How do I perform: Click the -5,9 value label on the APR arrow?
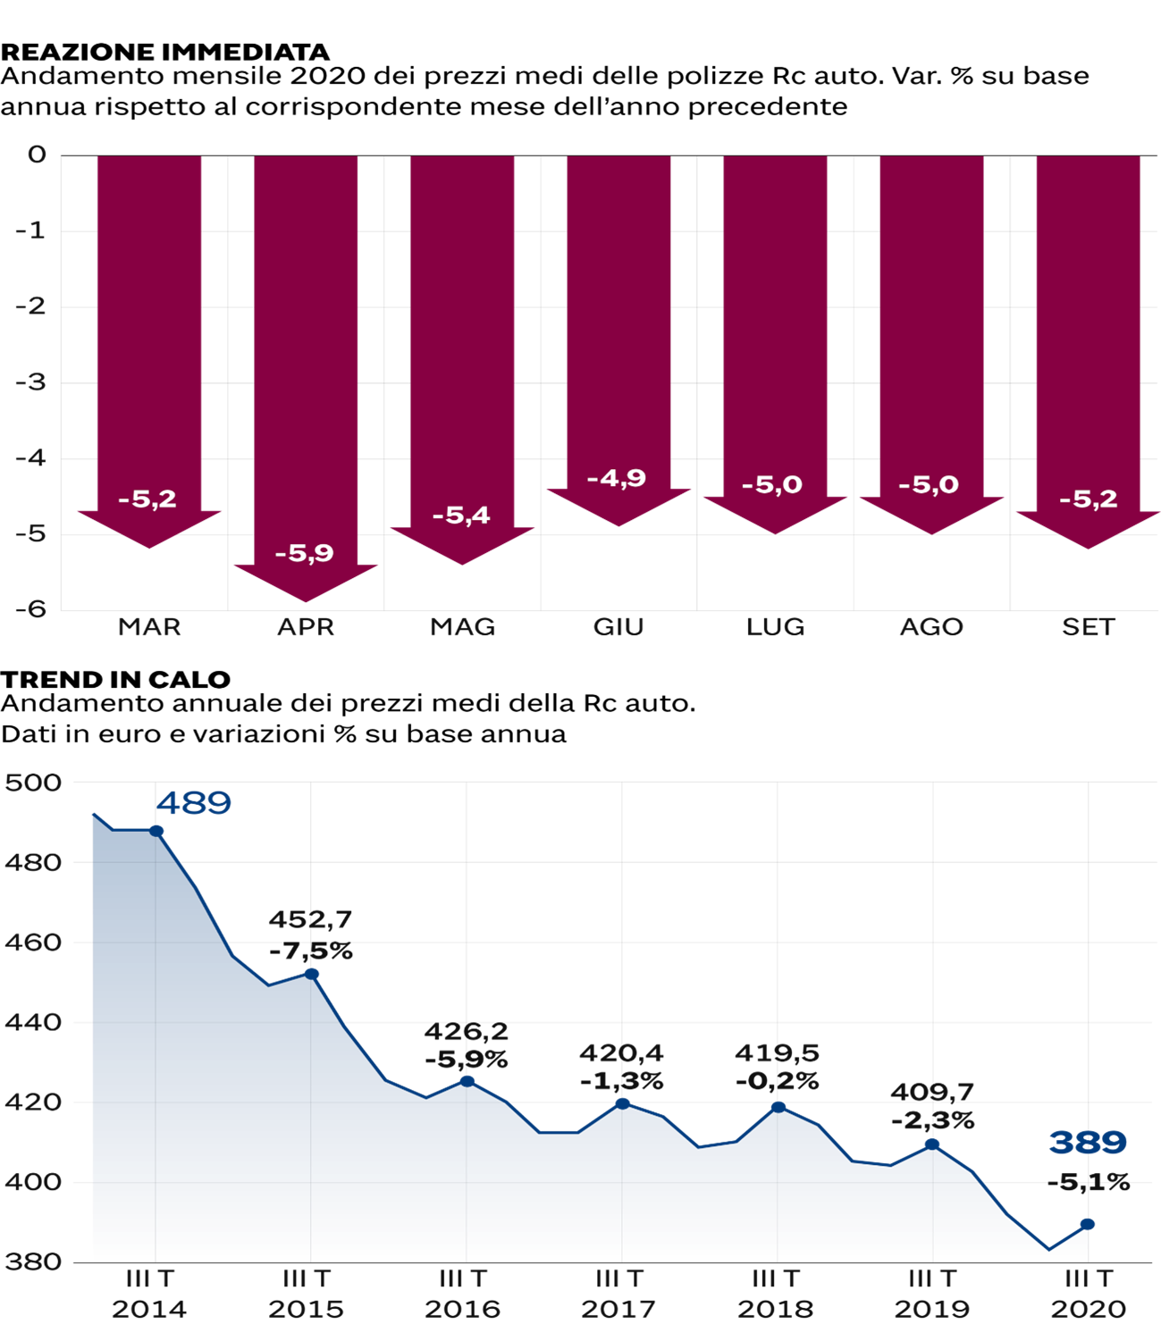(304, 554)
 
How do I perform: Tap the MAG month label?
(462, 627)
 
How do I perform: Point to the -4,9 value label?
(617, 479)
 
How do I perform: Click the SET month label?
(1089, 627)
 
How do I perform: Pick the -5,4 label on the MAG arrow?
(461, 515)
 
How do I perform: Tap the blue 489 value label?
(194, 803)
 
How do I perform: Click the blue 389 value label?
(1088, 1143)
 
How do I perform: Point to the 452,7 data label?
(310, 919)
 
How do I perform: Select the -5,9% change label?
(467, 1060)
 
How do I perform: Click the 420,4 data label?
(621, 1053)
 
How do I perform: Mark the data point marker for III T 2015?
(312, 974)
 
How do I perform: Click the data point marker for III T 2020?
(1088, 1224)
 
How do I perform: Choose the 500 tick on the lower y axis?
(33, 784)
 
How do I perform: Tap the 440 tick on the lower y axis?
(33, 1022)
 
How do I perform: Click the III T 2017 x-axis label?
(619, 1295)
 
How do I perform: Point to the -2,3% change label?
(932, 1121)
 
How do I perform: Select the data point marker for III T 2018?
(778, 1107)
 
